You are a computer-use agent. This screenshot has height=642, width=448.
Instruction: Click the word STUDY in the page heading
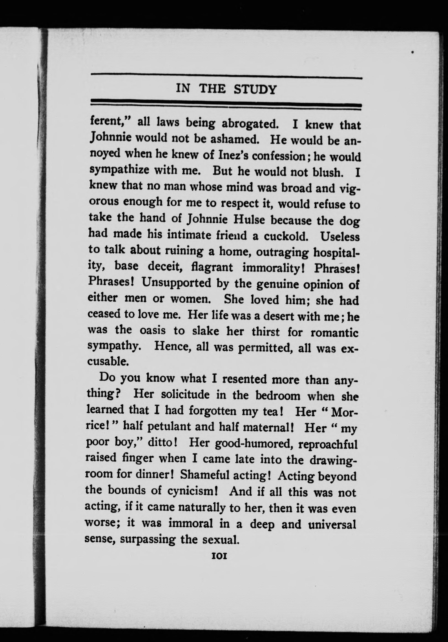click(255, 90)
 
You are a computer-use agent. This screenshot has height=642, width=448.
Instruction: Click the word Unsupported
click(176, 283)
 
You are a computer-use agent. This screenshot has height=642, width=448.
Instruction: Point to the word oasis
click(153, 330)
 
